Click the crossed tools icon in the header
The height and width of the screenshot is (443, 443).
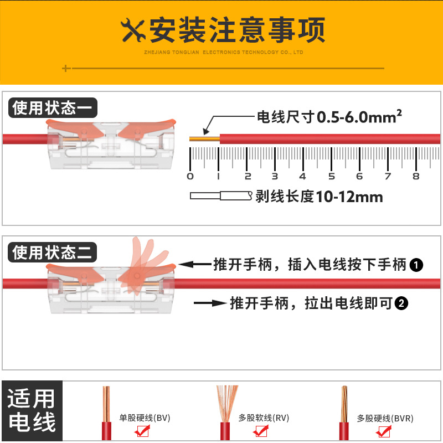[x=133, y=30]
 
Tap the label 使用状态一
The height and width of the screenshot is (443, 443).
[x=53, y=107]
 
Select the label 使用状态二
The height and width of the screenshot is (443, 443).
[x=53, y=253]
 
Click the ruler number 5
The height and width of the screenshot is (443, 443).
[x=331, y=176]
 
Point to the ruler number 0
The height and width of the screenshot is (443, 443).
[x=190, y=176]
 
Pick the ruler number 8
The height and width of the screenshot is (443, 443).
[x=416, y=176]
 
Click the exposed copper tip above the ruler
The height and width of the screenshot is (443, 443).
[x=204, y=139]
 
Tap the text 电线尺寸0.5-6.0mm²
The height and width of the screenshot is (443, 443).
[x=329, y=117]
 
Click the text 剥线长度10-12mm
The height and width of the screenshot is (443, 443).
[x=320, y=197]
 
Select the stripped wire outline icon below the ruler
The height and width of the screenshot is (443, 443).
[x=221, y=195]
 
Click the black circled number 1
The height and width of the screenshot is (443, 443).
[x=416, y=265]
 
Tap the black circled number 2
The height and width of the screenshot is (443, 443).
[x=401, y=303]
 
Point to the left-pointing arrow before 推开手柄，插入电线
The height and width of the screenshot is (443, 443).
[x=195, y=265]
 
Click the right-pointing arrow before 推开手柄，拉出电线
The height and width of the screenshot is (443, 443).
[x=210, y=303]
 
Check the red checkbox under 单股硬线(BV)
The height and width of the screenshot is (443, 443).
[x=142, y=431]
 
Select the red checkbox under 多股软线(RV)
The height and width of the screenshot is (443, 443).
[x=261, y=431]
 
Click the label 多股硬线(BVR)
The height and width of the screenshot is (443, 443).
[x=385, y=418]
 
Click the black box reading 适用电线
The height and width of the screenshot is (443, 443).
[x=32, y=410]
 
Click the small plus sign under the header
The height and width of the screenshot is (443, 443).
[x=66, y=68]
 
